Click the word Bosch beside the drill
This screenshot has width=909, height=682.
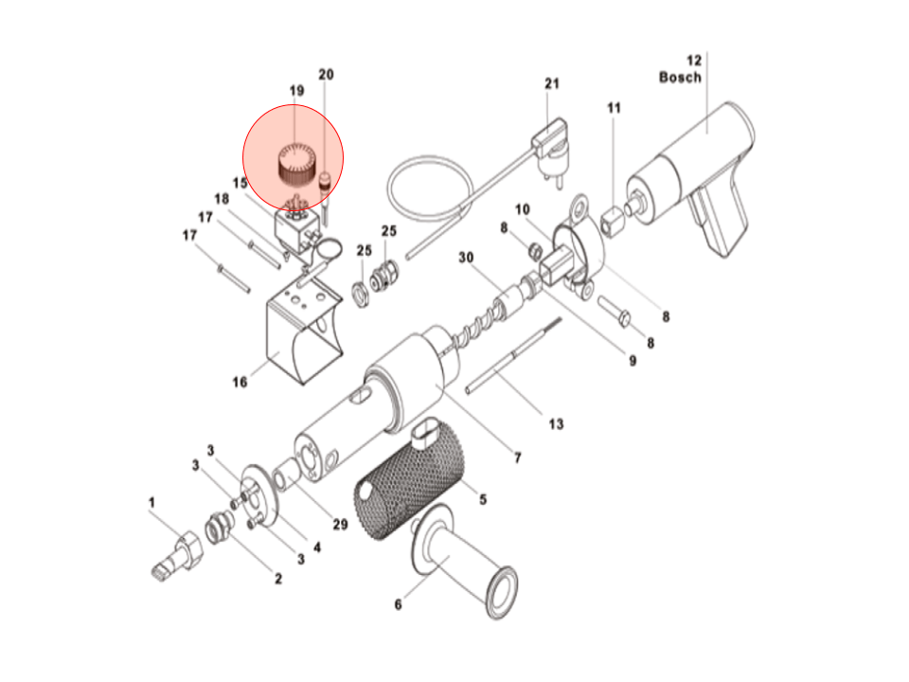(680, 77)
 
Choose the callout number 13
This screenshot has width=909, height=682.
(556, 423)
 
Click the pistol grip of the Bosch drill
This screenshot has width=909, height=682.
(718, 217)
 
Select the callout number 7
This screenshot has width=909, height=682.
(517, 458)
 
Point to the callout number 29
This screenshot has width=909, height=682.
(339, 525)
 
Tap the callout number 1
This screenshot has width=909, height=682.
(151, 502)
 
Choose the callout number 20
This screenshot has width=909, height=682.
(326, 74)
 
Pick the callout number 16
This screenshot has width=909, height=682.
(240, 382)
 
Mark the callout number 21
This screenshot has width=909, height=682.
(552, 83)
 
